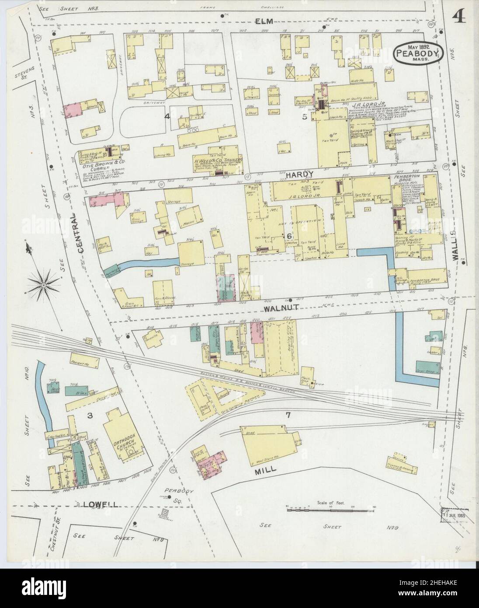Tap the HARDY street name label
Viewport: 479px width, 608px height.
pyautogui.click(x=300, y=175)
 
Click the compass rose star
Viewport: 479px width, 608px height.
pyautogui.click(x=43, y=285)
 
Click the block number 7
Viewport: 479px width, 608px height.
pyautogui.click(x=288, y=414)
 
